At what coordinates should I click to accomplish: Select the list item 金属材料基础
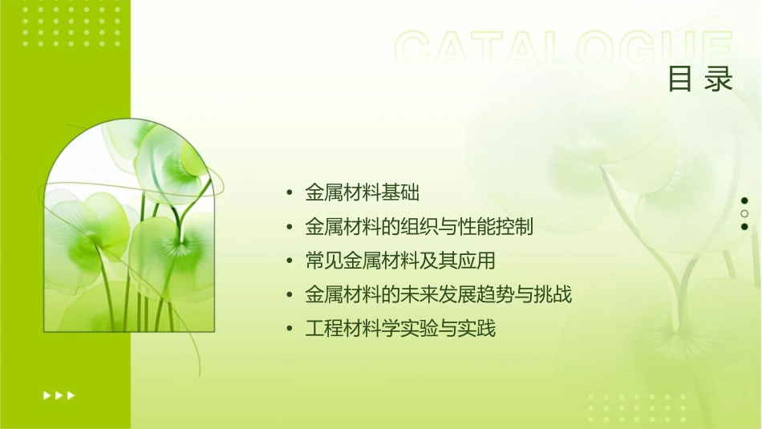[x=363, y=192]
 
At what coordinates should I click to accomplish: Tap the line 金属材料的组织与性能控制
[x=419, y=227]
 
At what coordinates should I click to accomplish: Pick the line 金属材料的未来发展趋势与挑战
[x=438, y=295]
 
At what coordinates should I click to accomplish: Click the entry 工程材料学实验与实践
[x=400, y=329]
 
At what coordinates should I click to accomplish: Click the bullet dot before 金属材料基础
[x=290, y=193]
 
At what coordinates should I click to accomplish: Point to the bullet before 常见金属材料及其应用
[x=290, y=261]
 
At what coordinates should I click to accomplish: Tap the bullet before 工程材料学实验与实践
[x=290, y=330]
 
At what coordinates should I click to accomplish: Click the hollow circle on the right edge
[x=744, y=214]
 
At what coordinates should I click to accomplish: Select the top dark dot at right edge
[x=744, y=201]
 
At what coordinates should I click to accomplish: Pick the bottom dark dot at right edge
[x=744, y=227]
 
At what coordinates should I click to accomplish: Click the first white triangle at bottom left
[x=46, y=395]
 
